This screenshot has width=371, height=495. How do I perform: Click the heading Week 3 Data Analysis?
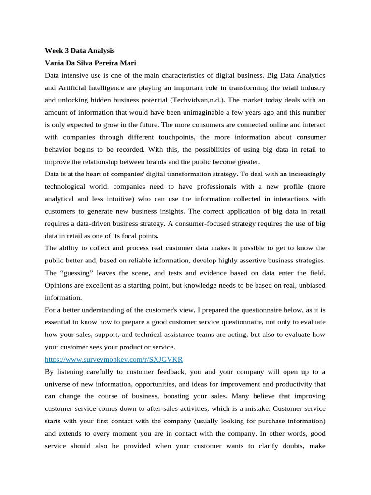(80, 50)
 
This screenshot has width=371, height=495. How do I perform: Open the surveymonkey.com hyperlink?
(114, 359)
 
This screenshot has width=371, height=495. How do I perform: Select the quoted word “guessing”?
(77, 273)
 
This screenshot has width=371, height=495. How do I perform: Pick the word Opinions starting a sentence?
(59, 285)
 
